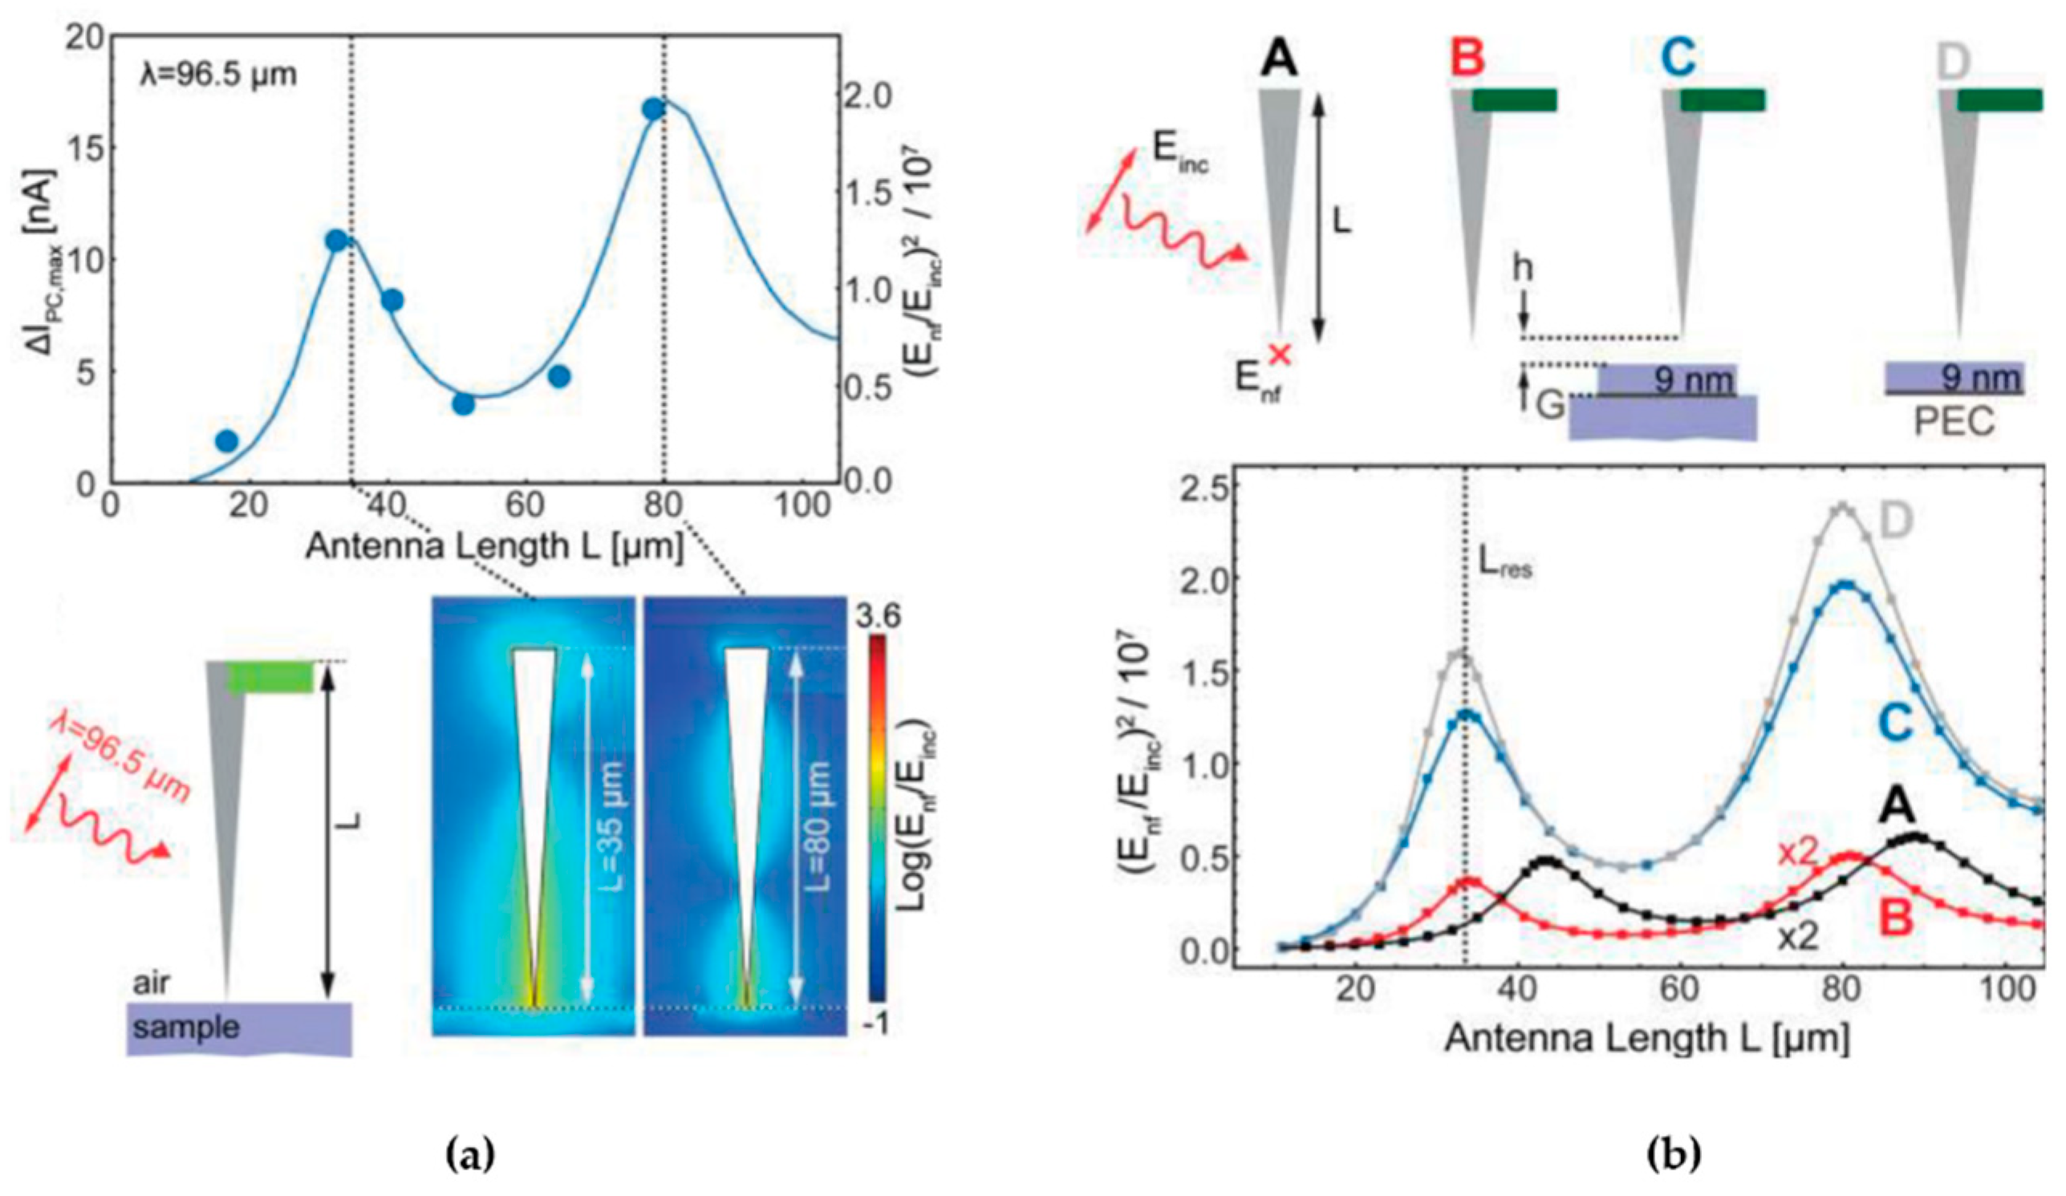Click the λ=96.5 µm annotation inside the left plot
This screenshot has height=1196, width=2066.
tap(216, 75)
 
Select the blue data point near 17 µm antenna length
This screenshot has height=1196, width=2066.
tap(226, 441)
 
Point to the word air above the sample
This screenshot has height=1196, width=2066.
tap(152, 983)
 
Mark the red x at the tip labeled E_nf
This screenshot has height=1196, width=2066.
tap(1279, 354)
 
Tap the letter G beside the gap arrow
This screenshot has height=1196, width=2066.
tap(1548, 405)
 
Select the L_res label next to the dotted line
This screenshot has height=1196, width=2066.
tap(1506, 566)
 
